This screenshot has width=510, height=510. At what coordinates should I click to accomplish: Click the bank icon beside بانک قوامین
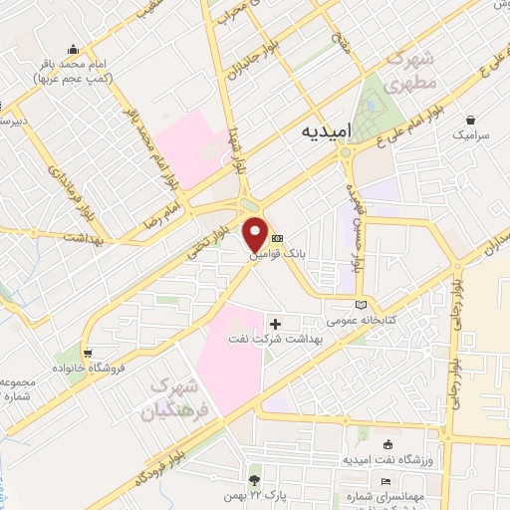277,239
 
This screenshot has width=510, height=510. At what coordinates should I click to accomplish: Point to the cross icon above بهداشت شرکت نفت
276,323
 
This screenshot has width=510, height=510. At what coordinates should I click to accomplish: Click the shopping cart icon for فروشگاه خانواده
89,353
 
